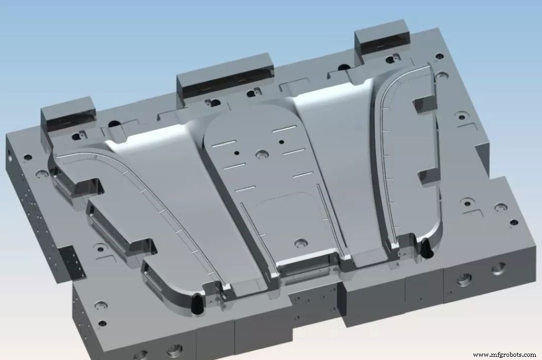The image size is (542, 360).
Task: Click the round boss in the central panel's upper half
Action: point(261,154)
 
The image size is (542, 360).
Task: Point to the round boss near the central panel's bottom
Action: point(302,244)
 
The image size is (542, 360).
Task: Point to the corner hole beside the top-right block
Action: point(438,55)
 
